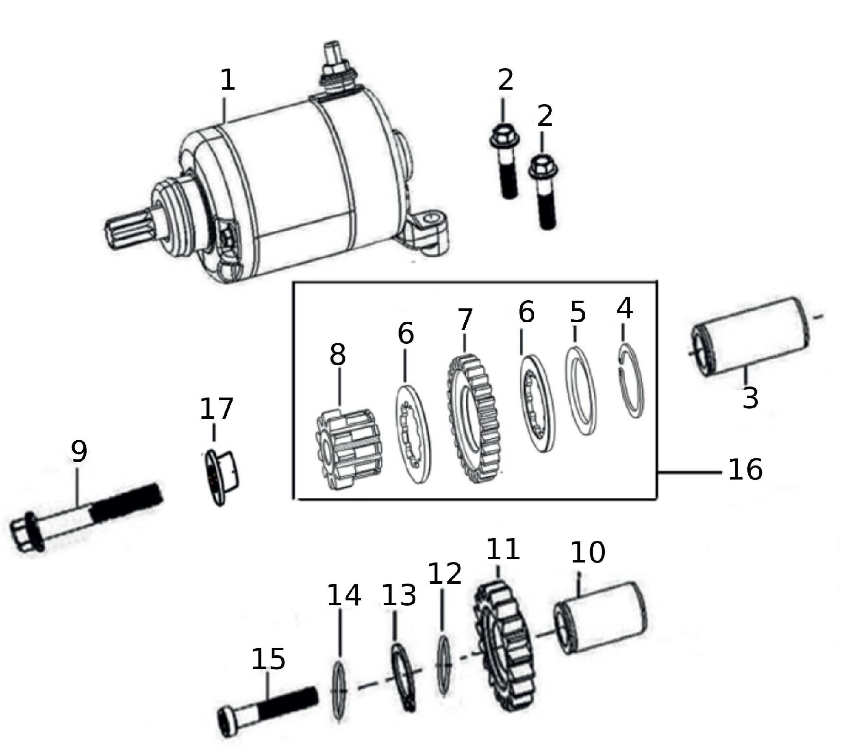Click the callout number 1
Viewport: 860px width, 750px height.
click(x=228, y=80)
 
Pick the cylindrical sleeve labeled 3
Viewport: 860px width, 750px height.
click(x=751, y=336)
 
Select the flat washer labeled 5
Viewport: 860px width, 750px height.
click(x=581, y=391)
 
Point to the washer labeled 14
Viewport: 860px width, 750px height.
click(x=339, y=691)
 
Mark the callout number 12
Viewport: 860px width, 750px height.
click(x=444, y=573)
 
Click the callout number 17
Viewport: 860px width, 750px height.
click(x=216, y=408)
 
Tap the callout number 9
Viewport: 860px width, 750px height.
click(x=79, y=451)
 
